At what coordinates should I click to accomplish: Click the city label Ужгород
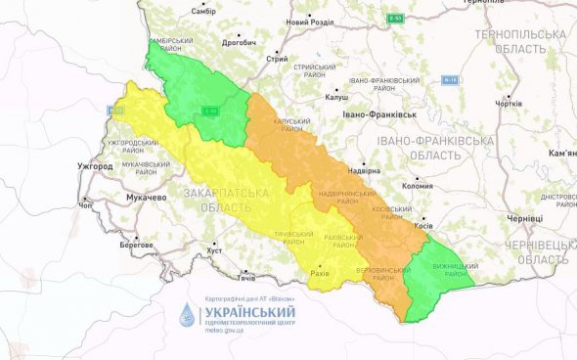pos(94,166)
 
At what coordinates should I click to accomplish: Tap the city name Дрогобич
pos(239,43)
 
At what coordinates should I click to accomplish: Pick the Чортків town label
pos(510,103)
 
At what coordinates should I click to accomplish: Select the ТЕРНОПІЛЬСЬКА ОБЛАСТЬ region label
pos(519,40)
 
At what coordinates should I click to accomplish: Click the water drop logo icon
pos(186,315)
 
